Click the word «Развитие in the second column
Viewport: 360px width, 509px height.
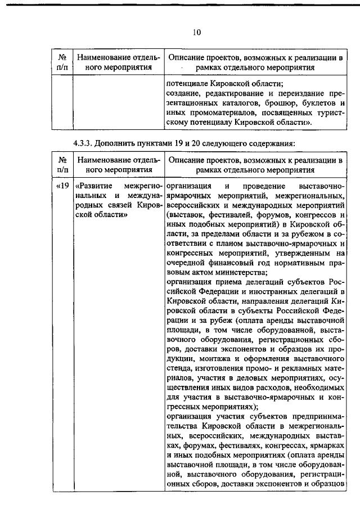point(94,186)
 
